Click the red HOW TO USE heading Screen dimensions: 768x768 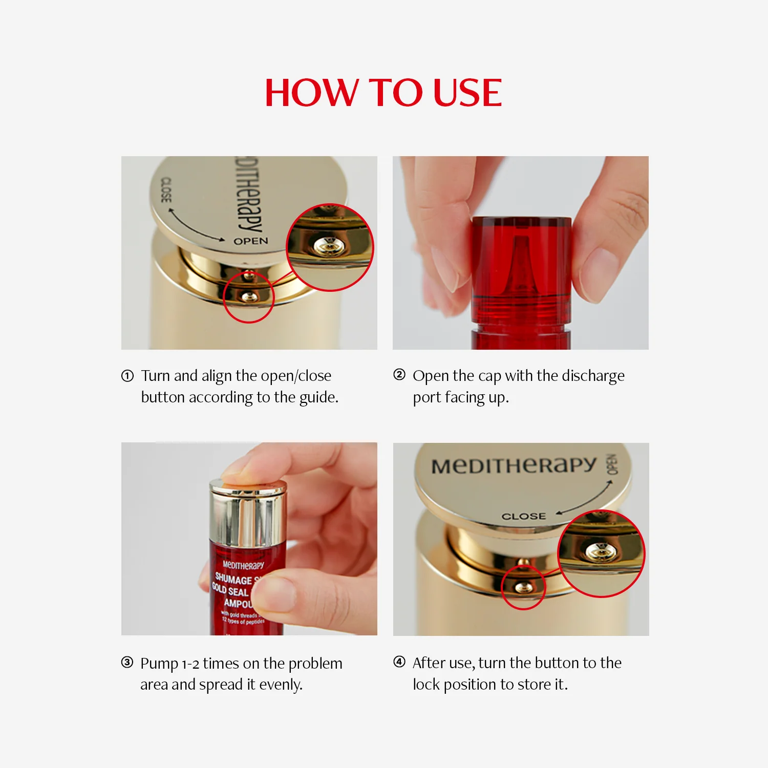pos(383,93)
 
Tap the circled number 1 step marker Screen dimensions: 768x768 pos(127,376)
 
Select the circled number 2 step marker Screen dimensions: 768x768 pos(399,375)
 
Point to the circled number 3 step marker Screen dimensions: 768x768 pos(127,663)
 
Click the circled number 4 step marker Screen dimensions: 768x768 pos(399,662)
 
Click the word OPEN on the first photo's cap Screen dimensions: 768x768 pos(251,241)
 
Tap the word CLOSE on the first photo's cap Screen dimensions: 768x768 pos(166,190)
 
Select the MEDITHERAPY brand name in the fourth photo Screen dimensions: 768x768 pos(514,465)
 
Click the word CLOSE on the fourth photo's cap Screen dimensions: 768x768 pos(524,517)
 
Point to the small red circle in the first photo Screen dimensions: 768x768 pos(249,297)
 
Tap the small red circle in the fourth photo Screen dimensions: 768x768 pos(523,587)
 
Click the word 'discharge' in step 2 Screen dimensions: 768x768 pos(593,376)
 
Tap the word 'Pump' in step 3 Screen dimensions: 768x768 pos(159,664)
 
